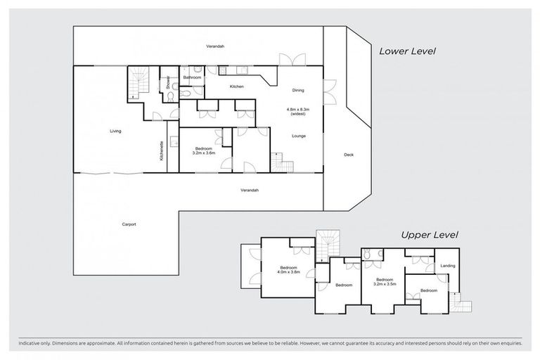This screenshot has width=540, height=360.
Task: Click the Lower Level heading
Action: point(408,51)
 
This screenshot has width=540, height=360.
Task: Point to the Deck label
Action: point(348,155)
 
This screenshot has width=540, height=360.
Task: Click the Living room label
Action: point(115,131)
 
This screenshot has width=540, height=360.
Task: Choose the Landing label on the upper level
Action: point(446,266)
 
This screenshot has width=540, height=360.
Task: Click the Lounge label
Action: point(297,136)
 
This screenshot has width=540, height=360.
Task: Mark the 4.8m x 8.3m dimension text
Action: point(298,110)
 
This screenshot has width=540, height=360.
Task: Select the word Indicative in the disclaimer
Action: point(27,343)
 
